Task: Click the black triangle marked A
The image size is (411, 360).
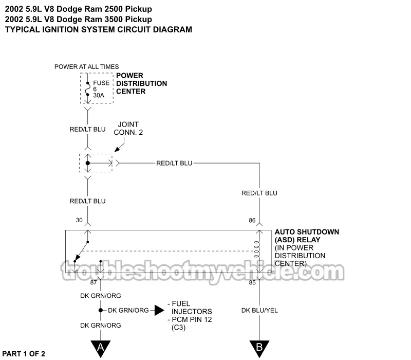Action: click(101, 348)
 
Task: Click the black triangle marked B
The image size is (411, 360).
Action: click(259, 348)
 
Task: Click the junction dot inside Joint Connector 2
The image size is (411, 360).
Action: click(88, 163)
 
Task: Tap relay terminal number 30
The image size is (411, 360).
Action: click(79, 220)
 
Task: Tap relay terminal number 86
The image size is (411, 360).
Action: click(252, 220)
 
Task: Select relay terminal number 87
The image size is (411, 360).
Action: click(94, 282)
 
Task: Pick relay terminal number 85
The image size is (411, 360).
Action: click(252, 282)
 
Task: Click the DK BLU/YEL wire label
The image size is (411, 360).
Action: click(259, 311)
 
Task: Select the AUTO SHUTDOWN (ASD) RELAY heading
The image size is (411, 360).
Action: click(307, 236)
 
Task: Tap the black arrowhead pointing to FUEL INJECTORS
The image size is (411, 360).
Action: click(160, 310)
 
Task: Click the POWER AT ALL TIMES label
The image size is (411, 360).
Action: click(86, 67)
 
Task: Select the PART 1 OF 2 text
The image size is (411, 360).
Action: click(24, 353)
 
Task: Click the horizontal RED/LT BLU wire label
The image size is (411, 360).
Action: click(174, 163)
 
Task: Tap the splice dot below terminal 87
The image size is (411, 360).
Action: click(101, 310)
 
